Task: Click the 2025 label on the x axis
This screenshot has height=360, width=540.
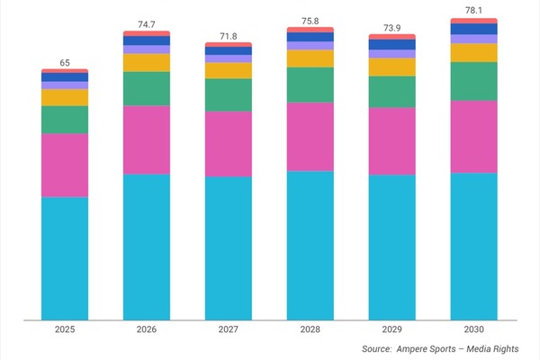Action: click(x=65, y=330)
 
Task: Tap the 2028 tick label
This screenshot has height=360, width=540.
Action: click(x=310, y=330)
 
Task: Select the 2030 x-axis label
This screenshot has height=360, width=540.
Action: click(x=474, y=330)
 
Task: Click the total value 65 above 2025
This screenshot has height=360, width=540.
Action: click(x=65, y=62)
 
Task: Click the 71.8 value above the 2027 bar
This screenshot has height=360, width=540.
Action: click(x=229, y=35)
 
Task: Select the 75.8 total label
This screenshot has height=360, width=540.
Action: click(x=310, y=21)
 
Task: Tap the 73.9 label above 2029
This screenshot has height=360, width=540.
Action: click(x=392, y=28)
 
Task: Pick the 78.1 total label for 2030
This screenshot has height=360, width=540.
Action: click(x=474, y=12)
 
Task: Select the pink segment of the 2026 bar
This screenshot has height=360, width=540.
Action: click(x=147, y=139)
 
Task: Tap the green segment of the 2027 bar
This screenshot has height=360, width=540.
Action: click(x=229, y=94)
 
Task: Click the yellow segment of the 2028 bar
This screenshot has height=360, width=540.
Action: click(x=310, y=58)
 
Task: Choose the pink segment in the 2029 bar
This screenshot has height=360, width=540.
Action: click(x=392, y=141)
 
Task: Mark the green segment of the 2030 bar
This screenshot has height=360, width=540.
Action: click(x=474, y=81)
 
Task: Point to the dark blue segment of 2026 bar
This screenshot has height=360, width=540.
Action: click(x=147, y=40)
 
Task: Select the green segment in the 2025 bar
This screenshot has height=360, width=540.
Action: click(x=65, y=120)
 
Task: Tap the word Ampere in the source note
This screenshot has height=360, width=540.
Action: click(x=418, y=348)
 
